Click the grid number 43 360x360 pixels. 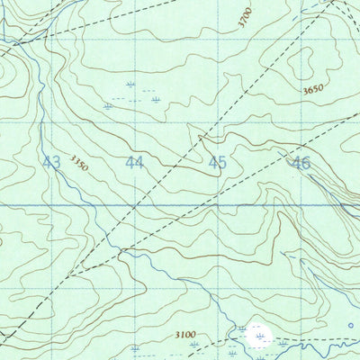tap(51, 163)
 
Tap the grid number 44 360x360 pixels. tap(134, 163)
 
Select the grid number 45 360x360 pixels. tap(217, 163)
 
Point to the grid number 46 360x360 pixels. tap(300, 163)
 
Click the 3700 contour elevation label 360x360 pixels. tap(246, 19)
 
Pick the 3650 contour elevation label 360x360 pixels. tap(313, 90)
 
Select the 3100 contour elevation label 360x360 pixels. tap(185, 335)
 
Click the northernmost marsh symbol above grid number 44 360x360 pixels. tap(131, 84)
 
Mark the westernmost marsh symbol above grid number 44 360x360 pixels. tap(108, 105)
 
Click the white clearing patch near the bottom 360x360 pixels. tap(260, 337)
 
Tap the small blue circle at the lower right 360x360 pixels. tap(350, 325)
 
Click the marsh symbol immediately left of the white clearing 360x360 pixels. tap(241, 330)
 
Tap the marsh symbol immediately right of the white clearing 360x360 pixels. tap(282, 343)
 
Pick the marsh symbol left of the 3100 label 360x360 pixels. tap(135, 346)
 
